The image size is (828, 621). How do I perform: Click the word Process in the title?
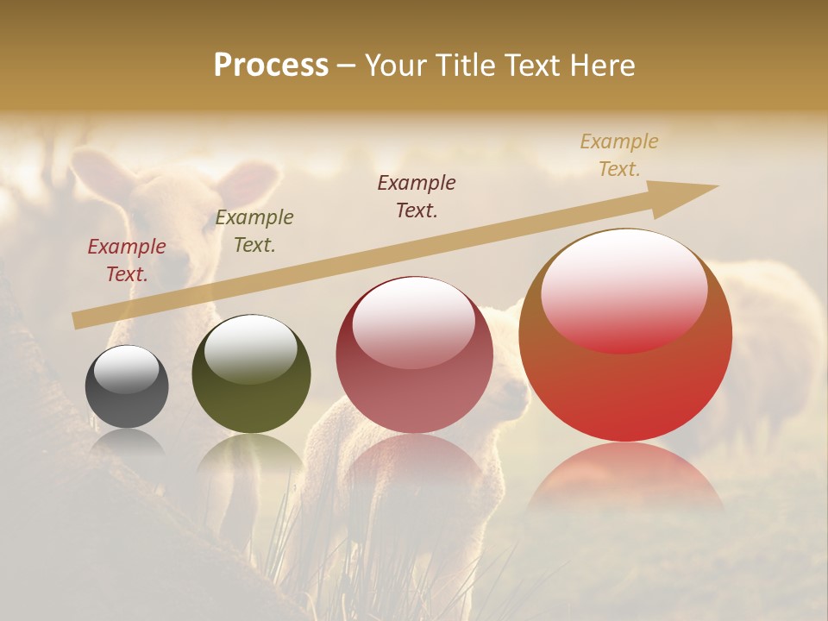(271, 66)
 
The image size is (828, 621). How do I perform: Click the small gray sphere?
(127, 386)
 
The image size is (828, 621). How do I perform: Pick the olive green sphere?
(251, 373)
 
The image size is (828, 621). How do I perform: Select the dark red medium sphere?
(414, 354)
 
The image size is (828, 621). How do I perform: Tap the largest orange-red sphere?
(625, 336)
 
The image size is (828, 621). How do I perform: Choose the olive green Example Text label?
(254, 231)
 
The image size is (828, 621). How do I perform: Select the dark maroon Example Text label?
(417, 196)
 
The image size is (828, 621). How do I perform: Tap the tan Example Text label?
(619, 155)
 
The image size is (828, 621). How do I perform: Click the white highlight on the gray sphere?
(127, 369)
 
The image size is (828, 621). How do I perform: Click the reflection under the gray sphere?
(127, 442)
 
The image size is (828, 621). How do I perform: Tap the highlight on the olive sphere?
(251, 348)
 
